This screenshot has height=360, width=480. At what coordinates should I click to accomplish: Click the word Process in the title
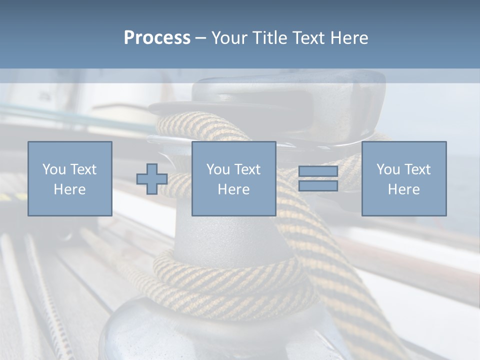pos(157,38)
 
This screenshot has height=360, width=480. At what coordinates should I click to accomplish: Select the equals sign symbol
pos(318,178)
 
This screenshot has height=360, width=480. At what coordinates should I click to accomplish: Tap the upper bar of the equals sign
pos(318,171)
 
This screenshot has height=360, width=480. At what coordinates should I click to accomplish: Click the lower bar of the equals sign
pos(318,185)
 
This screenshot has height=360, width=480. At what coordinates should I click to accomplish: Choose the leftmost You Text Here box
pos(70,178)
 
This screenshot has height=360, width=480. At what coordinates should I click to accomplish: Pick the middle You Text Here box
pos(233,178)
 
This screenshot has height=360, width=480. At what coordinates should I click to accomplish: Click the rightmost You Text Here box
pos(403,178)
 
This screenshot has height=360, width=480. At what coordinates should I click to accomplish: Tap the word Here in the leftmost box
pos(70,189)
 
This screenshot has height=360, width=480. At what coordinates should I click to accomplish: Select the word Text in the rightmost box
pos(418,169)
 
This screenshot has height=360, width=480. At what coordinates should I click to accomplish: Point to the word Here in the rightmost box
pos(403,189)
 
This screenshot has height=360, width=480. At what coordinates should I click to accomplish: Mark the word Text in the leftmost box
pos(84,169)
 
